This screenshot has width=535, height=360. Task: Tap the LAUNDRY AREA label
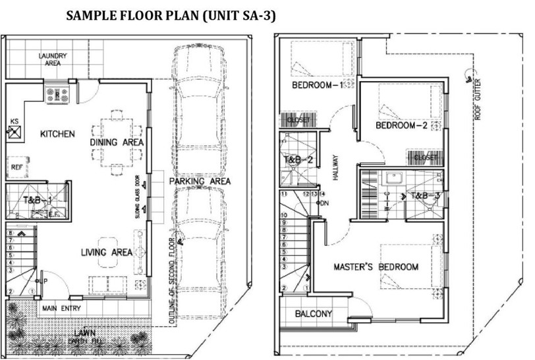pyautogui.click(x=50, y=60)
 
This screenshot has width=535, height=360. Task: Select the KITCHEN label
pyautogui.click(x=57, y=134)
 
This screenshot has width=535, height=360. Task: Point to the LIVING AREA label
pyautogui.click(x=107, y=253)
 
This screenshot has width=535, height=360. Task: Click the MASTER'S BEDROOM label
pyautogui.click(x=376, y=267)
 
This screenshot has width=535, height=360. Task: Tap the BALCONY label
pyautogui.click(x=313, y=314)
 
